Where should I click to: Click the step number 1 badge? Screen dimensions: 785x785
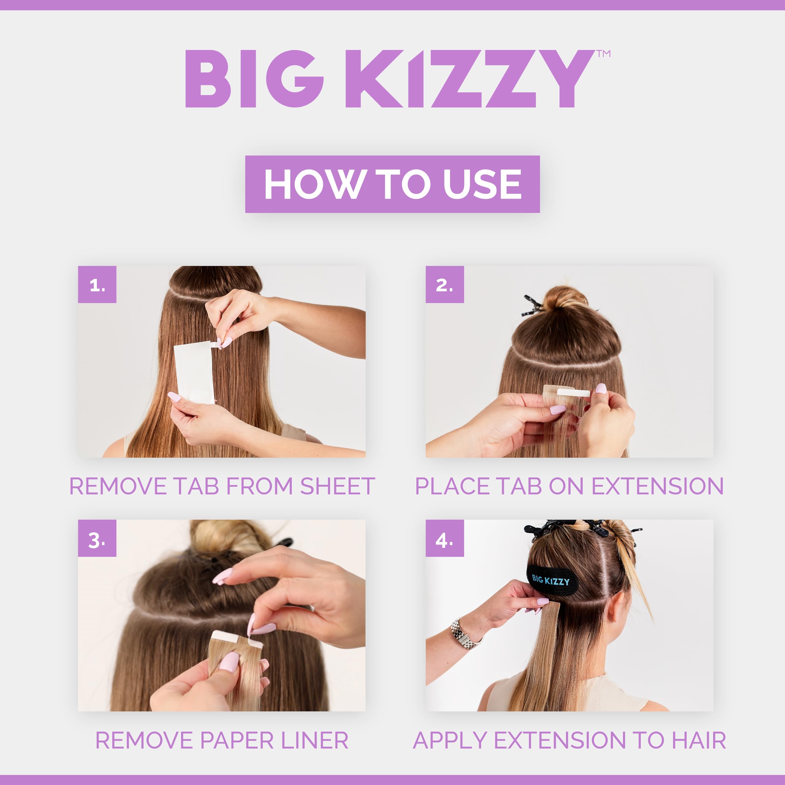click(x=97, y=285)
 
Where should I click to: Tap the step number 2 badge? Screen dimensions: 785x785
click(x=445, y=285)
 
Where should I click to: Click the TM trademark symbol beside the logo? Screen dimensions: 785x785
click(x=604, y=54)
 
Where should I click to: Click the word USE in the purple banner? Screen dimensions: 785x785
click(x=482, y=184)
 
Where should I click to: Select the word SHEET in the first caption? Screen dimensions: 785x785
click(x=337, y=486)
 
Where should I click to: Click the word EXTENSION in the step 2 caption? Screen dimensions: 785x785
click(x=657, y=486)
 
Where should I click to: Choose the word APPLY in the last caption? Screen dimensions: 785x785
click(x=450, y=740)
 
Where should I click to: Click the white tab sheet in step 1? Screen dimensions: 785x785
click(x=194, y=372)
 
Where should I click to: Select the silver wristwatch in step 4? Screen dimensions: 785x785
click(x=465, y=634)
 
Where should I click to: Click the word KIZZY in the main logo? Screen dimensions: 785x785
click(x=469, y=79)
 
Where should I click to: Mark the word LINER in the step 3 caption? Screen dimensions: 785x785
click(x=315, y=740)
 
